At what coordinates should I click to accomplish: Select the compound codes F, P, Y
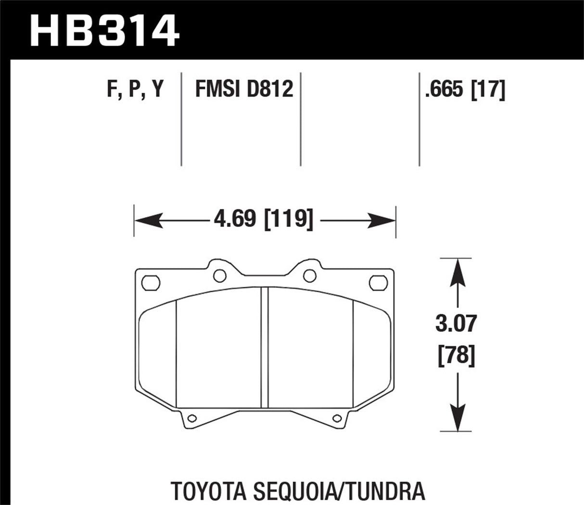[x=135, y=90]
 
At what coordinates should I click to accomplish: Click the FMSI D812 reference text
[x=244, y=90]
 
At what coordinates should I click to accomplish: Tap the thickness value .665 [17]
[x=464, y=90]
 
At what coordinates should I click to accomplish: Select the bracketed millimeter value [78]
[x=456, y=357]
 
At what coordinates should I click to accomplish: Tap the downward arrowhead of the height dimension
[x=456, y=418]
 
